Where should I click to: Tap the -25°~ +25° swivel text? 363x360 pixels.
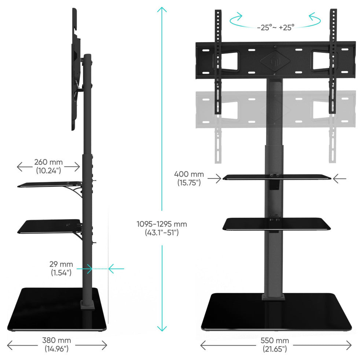point(275,27)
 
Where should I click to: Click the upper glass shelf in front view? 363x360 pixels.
point(276,177)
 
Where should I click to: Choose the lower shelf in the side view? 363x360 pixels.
point(49,226)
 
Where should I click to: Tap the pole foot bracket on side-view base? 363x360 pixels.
point(87,305)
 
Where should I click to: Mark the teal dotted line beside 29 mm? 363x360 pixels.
point(100,269)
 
